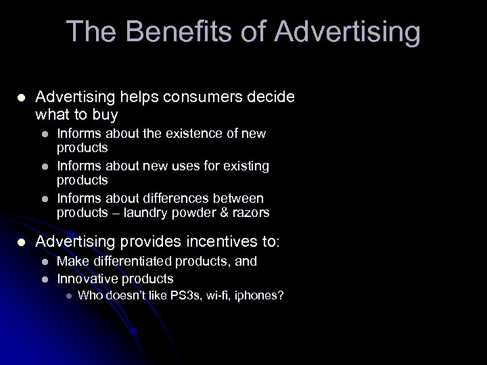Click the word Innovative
(x=85, y=278)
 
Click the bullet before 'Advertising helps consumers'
(x=22, y=97)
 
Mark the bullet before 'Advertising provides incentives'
(x=22, y=242)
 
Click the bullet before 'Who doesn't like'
(x=66, y=295)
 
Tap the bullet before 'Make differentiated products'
(x=45, y=261)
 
